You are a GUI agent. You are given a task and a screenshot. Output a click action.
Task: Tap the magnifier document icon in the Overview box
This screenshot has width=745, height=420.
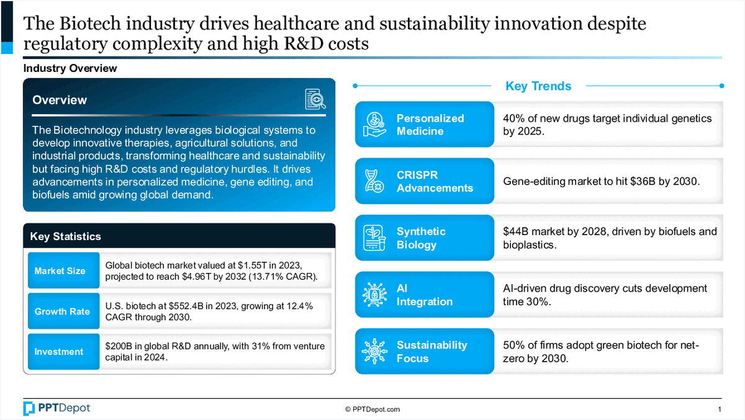click(x=315, y=100)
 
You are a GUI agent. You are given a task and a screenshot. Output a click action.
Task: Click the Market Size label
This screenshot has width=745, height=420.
click(x=60, y=271)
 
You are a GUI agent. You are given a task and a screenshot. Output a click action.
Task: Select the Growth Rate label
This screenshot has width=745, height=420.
click(x=62, y=311)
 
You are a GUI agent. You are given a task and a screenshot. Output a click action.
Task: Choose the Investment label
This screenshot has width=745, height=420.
click(x=59, y=352)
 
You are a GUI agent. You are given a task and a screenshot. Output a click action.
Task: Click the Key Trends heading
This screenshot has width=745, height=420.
click(x=538, y=86)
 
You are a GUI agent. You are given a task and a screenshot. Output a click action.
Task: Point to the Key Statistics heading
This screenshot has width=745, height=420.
click(x=66, y=236)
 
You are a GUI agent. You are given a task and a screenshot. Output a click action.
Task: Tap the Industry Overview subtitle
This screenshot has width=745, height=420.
click(x=70, y=68)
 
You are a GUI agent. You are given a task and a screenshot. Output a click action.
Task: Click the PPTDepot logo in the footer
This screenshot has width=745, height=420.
click(x=57, y=408)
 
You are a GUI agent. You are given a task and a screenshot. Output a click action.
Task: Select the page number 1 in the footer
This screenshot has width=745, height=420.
click(x=719, y=409)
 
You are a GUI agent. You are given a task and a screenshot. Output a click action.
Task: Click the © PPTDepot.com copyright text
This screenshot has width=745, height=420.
click(x=372, y=409)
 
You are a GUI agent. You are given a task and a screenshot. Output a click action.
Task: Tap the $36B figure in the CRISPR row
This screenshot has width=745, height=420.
click(x=646, y=181)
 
